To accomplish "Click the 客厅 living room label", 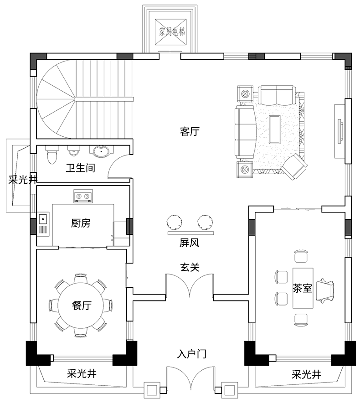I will pyautogui.click(x=190, y=132).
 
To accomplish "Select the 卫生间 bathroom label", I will pyautogui.click(x=80, y=168).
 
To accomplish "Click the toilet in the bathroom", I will pyautogui.click(x=51, y=155).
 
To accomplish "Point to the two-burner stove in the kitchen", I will pyautogui.click(x=83, y=197).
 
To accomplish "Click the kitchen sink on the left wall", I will pyautogui.click(x=43, y=225).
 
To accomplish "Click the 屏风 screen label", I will pyautogui.click(x=189, y=243).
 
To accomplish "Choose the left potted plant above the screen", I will pyautogui.click(x=174, y=223).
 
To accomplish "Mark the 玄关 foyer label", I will pyautogui.click(x=189, y=267).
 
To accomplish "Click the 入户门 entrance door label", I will pyautogui.click(x=192, y=354).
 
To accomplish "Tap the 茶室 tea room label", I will pyautogui.click(x=302, y=288).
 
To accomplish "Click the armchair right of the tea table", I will pyautogui.click(x=326, y=290).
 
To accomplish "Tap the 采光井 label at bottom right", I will pyautogui.click(x=306, y=375).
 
